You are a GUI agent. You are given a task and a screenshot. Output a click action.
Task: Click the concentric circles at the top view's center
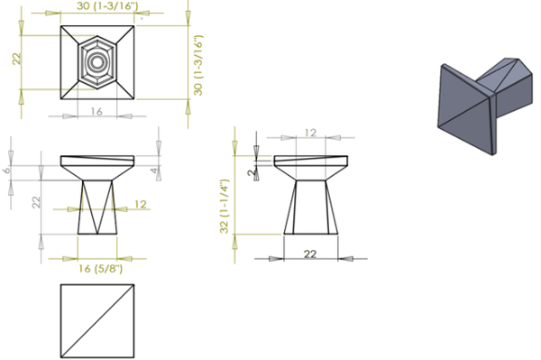95,62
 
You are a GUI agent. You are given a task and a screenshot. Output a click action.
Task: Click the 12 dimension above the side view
309,133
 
